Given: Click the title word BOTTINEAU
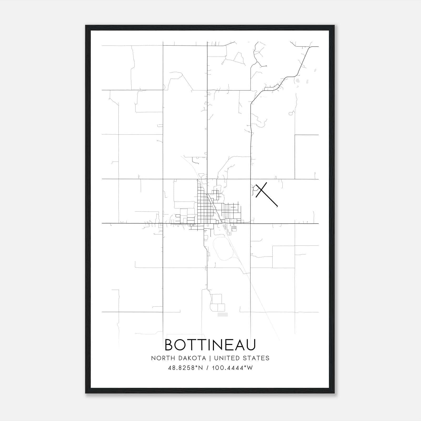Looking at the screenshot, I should (210, 345).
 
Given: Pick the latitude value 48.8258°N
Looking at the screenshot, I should (185, 368).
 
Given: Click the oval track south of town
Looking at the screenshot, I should (223, 249).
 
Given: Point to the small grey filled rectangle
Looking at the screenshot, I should (223, 314).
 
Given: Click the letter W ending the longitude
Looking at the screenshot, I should (250, 368).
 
